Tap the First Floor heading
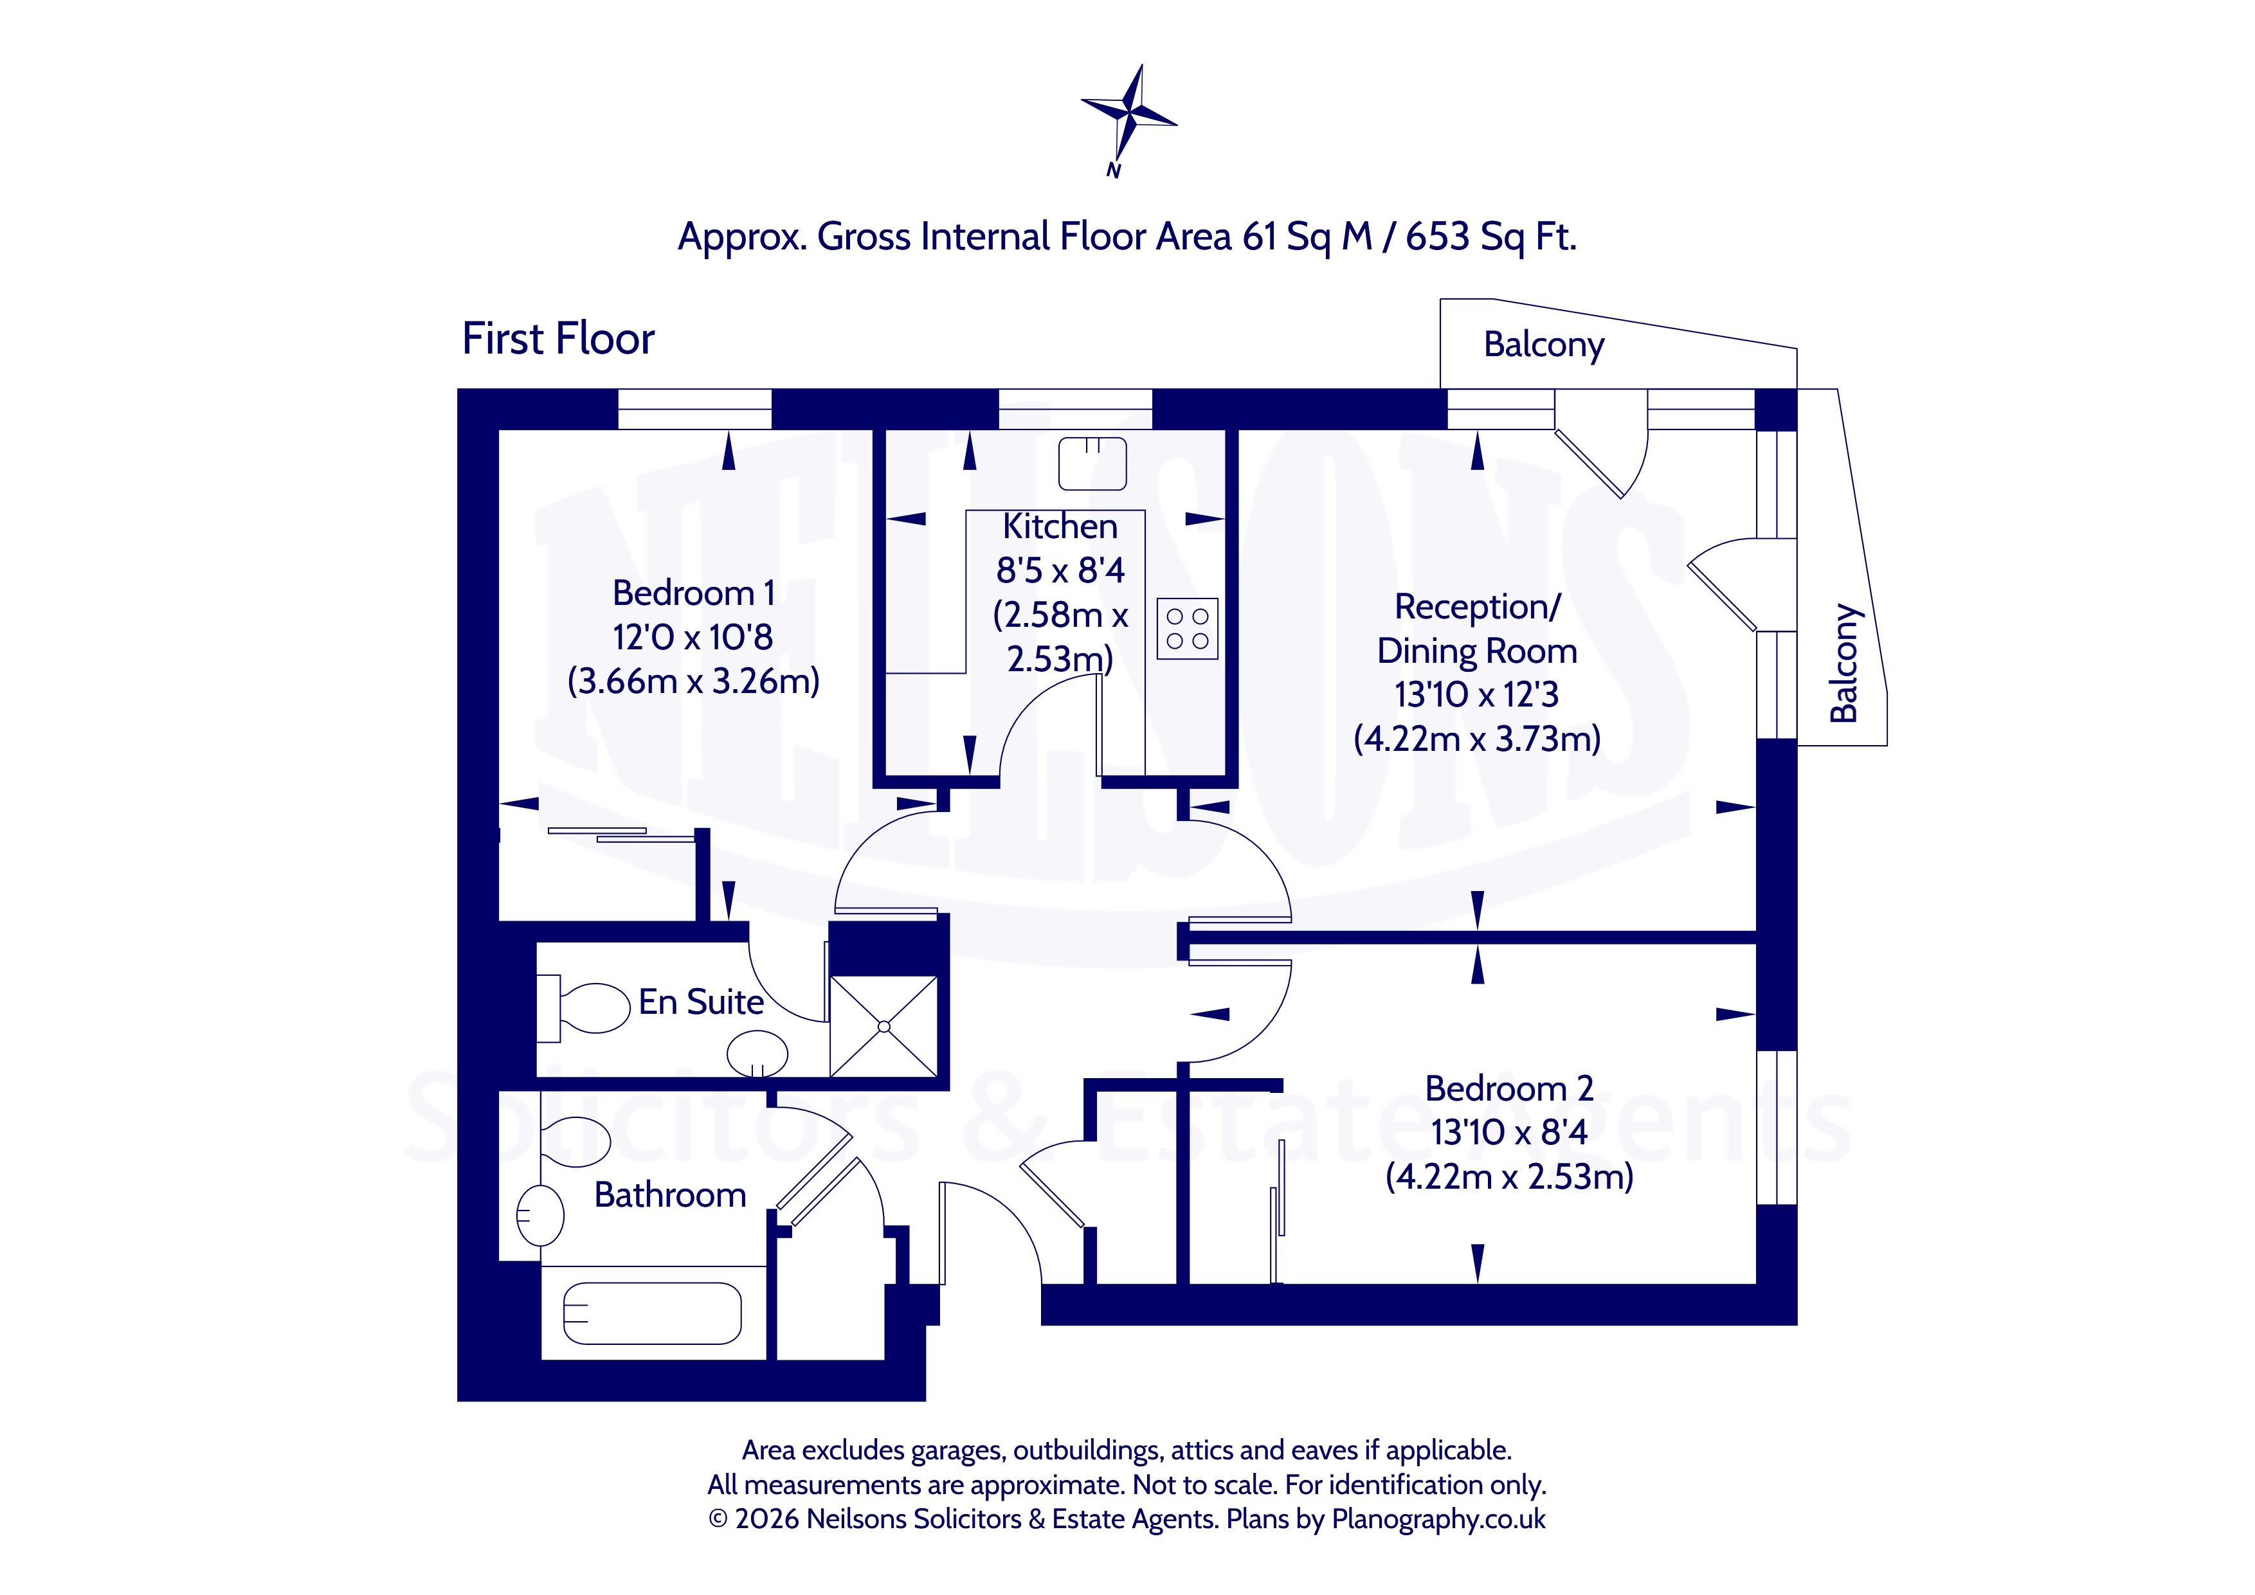point(558,339)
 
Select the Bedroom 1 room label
point(693,593)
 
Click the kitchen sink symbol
point(1092,464)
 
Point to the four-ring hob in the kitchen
point(1188,629)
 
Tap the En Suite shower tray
point(884,1026)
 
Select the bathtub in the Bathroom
point(652,1313)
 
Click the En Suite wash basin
point(757,1054)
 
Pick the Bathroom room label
point(670,1195)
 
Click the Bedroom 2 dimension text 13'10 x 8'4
point(1510,1132)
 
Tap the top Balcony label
point(1544,345)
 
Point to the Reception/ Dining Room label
point(1477,629)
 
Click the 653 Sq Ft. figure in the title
point(1491,237)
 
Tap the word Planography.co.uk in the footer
point(1439,1519)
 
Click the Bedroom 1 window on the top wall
point(694,410)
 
